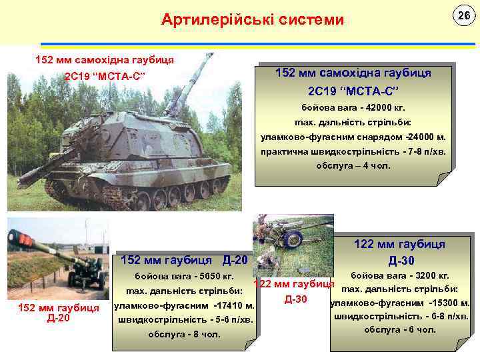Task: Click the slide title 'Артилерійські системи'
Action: [x=253, y=20]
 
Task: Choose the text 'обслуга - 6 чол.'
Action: [x=400, y=329]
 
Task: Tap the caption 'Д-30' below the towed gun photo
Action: [x=295, y=299]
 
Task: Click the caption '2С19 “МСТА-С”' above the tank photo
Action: [x=105, y=75]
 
